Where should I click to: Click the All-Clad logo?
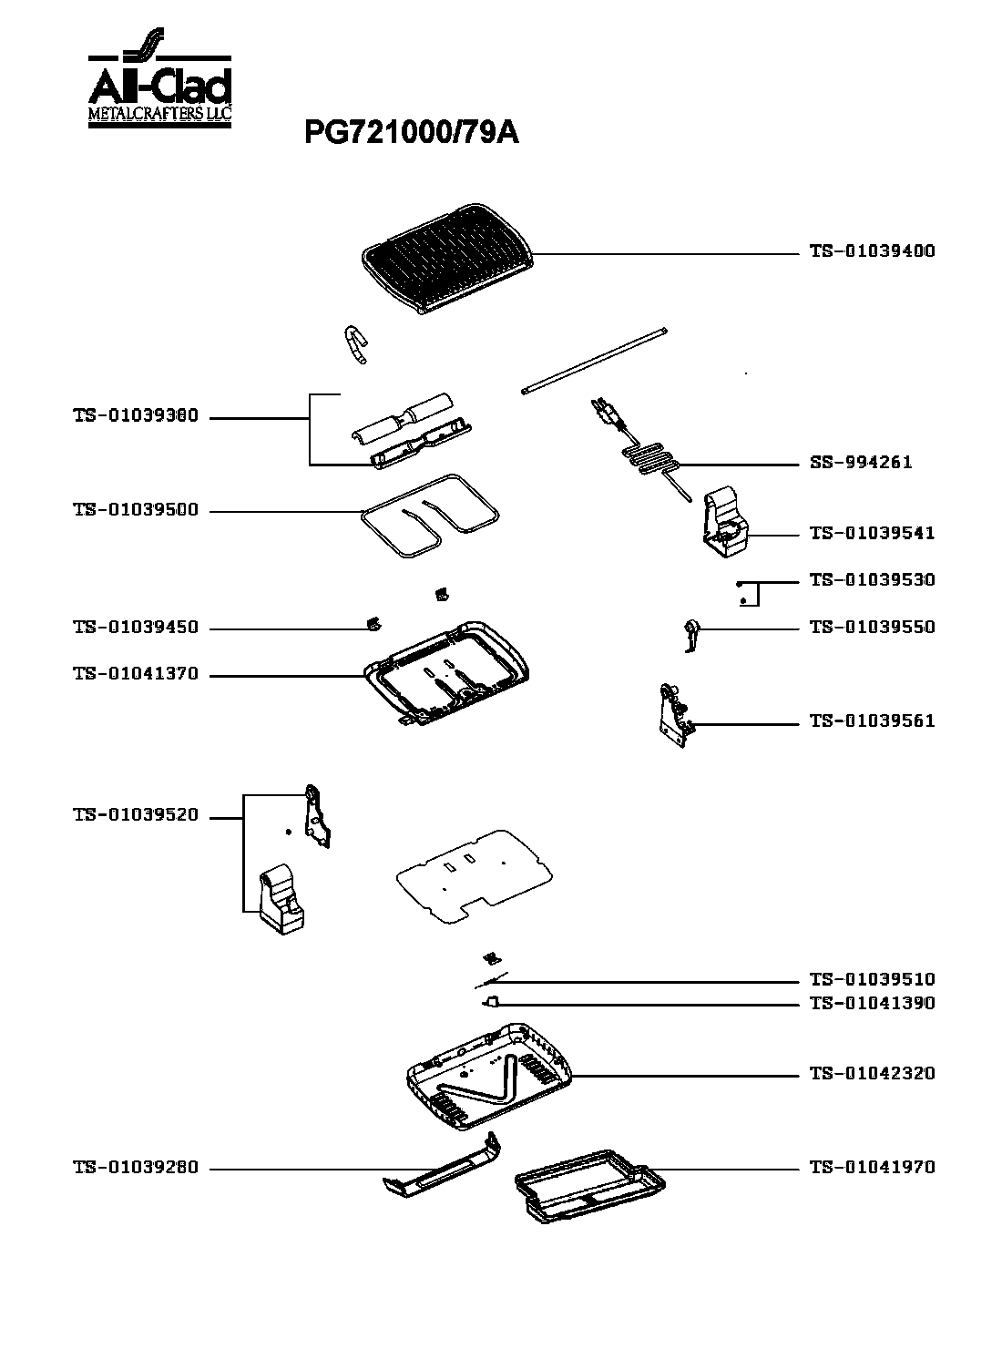click(x=160, y=77)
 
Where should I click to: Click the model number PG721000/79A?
click(x=412, y=133)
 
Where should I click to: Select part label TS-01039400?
click(x=872, y=251)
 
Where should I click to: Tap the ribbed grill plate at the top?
click(x=447, y=258)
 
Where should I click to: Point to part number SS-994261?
click(x=861, y=462)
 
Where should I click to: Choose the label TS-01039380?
click(x=136, y=416)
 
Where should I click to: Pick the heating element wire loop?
click(x=430, y=515)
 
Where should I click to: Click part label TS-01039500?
click(x=136, y=510)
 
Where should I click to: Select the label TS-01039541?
click(x=872, y=534)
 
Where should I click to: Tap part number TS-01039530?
click(x=872, y=580)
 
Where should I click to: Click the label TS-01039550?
click(x=872, y=627)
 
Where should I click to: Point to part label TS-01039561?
click(x=872, y=721)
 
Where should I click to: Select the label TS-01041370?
click(x=136, y=674)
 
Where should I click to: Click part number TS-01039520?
click(x=136, y=815)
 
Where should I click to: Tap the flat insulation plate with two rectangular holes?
click(x=475, y=876)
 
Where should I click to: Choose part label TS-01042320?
click(x=872, y=1074)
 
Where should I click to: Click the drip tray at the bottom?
click(x=589, y=1186)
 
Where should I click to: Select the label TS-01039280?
click(x=136, y=1168)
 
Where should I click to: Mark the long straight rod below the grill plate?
click(x=595, y=362)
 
